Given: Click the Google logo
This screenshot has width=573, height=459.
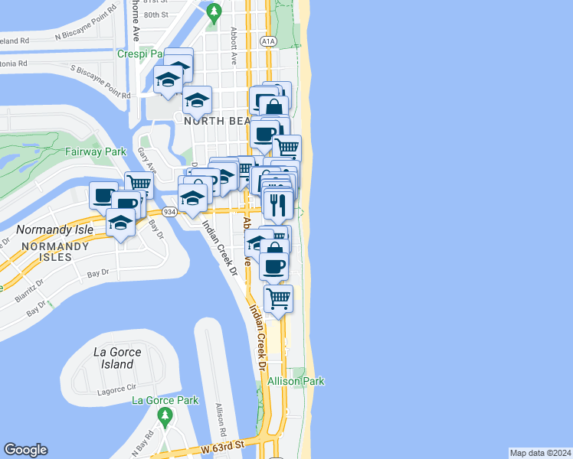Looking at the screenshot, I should (x=25, y=450).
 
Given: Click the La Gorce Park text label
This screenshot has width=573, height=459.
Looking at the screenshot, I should (x=165, y=400).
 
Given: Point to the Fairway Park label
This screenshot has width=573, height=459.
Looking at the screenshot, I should (x=95, y=152).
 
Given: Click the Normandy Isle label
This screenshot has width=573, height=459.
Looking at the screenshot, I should (x=55, y=229).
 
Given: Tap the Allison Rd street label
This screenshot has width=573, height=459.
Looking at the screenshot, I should (x=220, y=415).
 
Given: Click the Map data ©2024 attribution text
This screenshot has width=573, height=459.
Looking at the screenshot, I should (x=540, y=453).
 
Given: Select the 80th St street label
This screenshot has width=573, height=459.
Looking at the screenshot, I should (x=156, y=15).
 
